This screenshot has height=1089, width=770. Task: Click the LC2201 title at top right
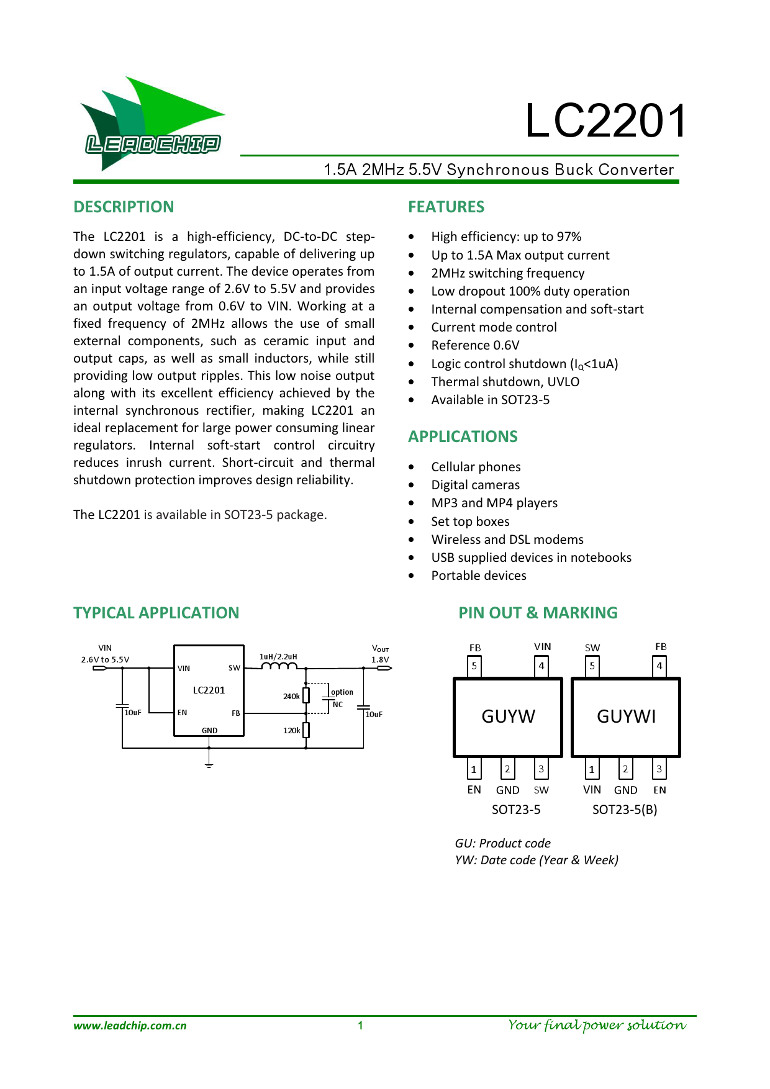[x=605, y=120]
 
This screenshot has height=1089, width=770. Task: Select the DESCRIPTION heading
[x=124, y=207]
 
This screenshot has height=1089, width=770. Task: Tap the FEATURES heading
[x=446, y=207]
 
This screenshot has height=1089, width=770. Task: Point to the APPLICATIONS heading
[x=463, y=436]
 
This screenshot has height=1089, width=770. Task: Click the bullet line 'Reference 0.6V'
[x=475, y=345]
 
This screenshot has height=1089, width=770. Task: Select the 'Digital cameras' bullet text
[x=475, y=485]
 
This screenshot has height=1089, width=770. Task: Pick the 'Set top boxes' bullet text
[x=470, y=522]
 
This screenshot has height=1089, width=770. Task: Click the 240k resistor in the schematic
[x=306, y=695]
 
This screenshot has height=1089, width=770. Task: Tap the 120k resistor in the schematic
[x=306, y=730]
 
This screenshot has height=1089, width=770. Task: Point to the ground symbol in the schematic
[x=209, y=764]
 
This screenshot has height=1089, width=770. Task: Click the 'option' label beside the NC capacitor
[x=342, y=692]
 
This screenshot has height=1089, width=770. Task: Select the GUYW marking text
[x=508, y=716]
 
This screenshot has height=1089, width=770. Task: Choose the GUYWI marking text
[x=626, y=716]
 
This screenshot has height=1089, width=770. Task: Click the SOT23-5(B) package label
[x=624, y=810]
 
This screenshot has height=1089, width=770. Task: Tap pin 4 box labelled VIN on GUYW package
[x=541, y=666]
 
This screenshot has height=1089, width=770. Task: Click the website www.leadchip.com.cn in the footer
[x=130, y=1026]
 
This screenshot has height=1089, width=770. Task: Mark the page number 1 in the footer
[x=360, y=1026]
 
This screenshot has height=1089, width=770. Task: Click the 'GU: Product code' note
[x=502, y=843]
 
